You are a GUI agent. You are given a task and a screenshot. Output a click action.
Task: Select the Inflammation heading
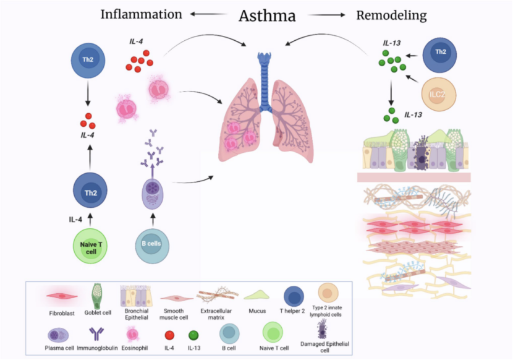142,14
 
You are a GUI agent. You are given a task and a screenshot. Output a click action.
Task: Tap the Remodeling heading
391,15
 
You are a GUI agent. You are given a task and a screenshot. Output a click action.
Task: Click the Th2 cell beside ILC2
441,53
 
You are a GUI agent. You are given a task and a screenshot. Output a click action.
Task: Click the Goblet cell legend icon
96,295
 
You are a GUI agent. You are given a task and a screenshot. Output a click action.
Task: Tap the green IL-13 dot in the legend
193,335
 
